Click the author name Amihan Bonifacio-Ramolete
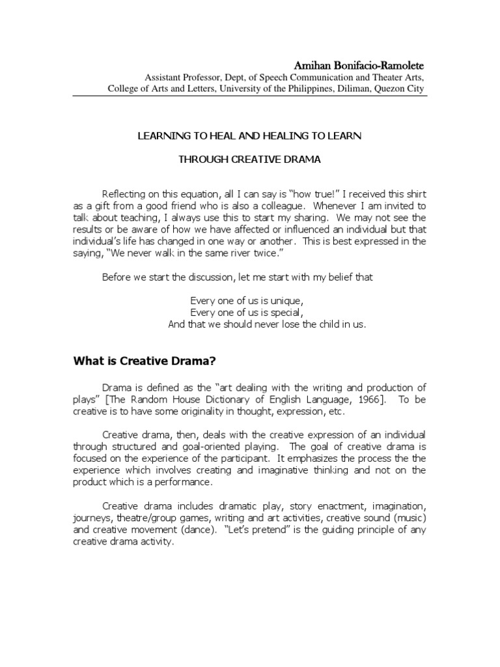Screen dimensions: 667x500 [359, 66]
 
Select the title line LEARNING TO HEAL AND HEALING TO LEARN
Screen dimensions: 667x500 [250, 136]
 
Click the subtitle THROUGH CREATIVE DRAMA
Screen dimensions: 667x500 [250, 159]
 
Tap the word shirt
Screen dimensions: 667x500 [413, 195]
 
